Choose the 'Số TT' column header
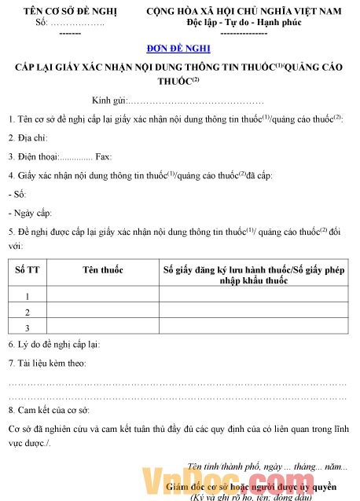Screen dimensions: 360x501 (x=27, y=270)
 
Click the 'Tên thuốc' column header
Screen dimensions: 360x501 (x=103, y=270)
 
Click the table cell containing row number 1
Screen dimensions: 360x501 (x=27, y=296)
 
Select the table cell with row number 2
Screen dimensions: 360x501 (x=27, y=312)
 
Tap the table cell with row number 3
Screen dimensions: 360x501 (x=27, y=327)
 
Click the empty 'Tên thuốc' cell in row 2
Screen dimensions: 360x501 (x=103, y=312)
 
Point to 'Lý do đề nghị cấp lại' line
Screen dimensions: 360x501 (x=54, y=344)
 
